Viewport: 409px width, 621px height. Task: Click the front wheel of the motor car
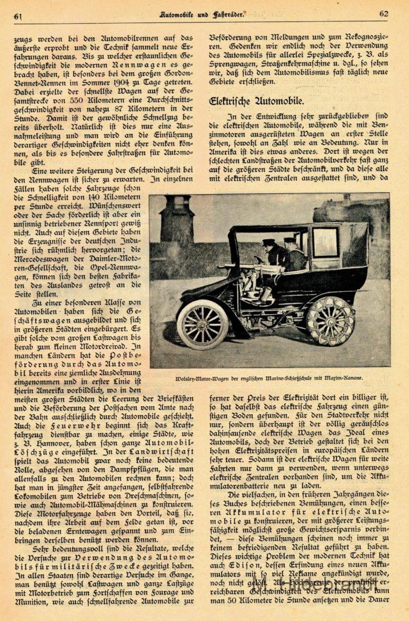click(x=202, y=324)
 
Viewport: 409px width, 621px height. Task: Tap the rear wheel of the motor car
click(x=330, y=320)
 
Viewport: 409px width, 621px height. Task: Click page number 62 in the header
click(x=384, y=14)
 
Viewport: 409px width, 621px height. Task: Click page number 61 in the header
click(x=18, y=15)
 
